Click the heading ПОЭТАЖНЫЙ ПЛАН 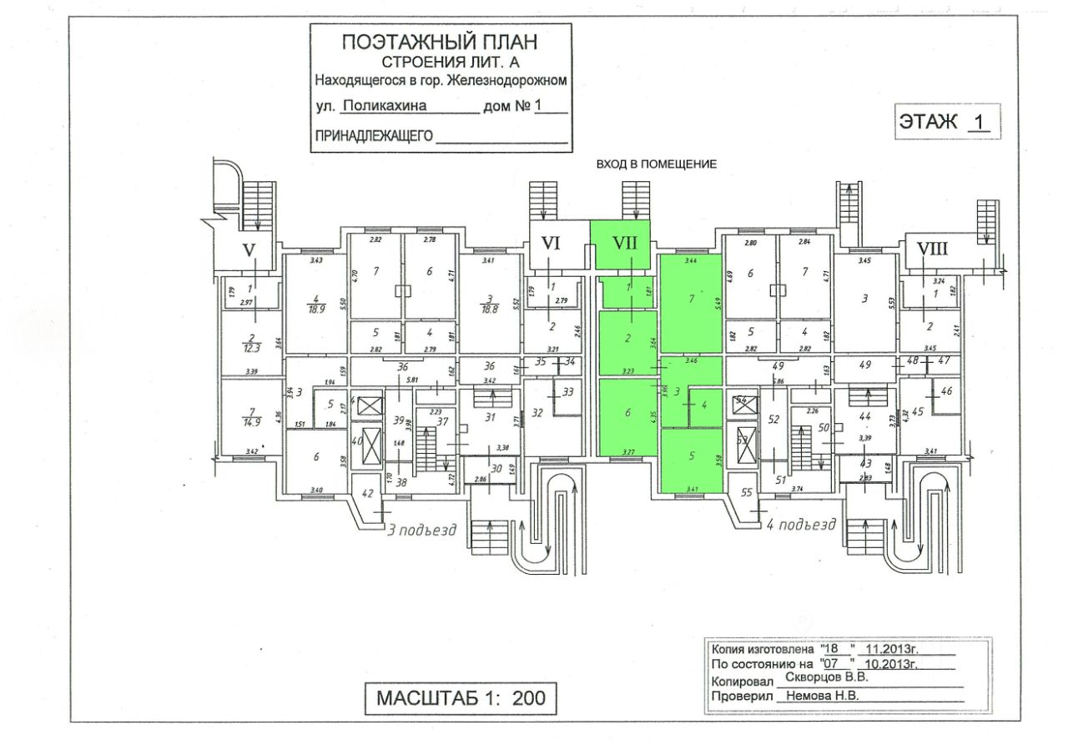click(x=440, y=41)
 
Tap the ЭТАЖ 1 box click(x=945, y=122)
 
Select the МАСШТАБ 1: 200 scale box click(x=461, y=697)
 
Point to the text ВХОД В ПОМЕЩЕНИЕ click(x=656, y=164)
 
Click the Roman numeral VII click(x=625, y=244)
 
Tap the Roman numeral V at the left click(x=248, y=249)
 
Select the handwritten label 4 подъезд click(x=800, y=525)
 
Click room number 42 click(x=368, y=492)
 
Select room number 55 click(x=747, y=492)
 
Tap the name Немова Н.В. click(x=817, y=695)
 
